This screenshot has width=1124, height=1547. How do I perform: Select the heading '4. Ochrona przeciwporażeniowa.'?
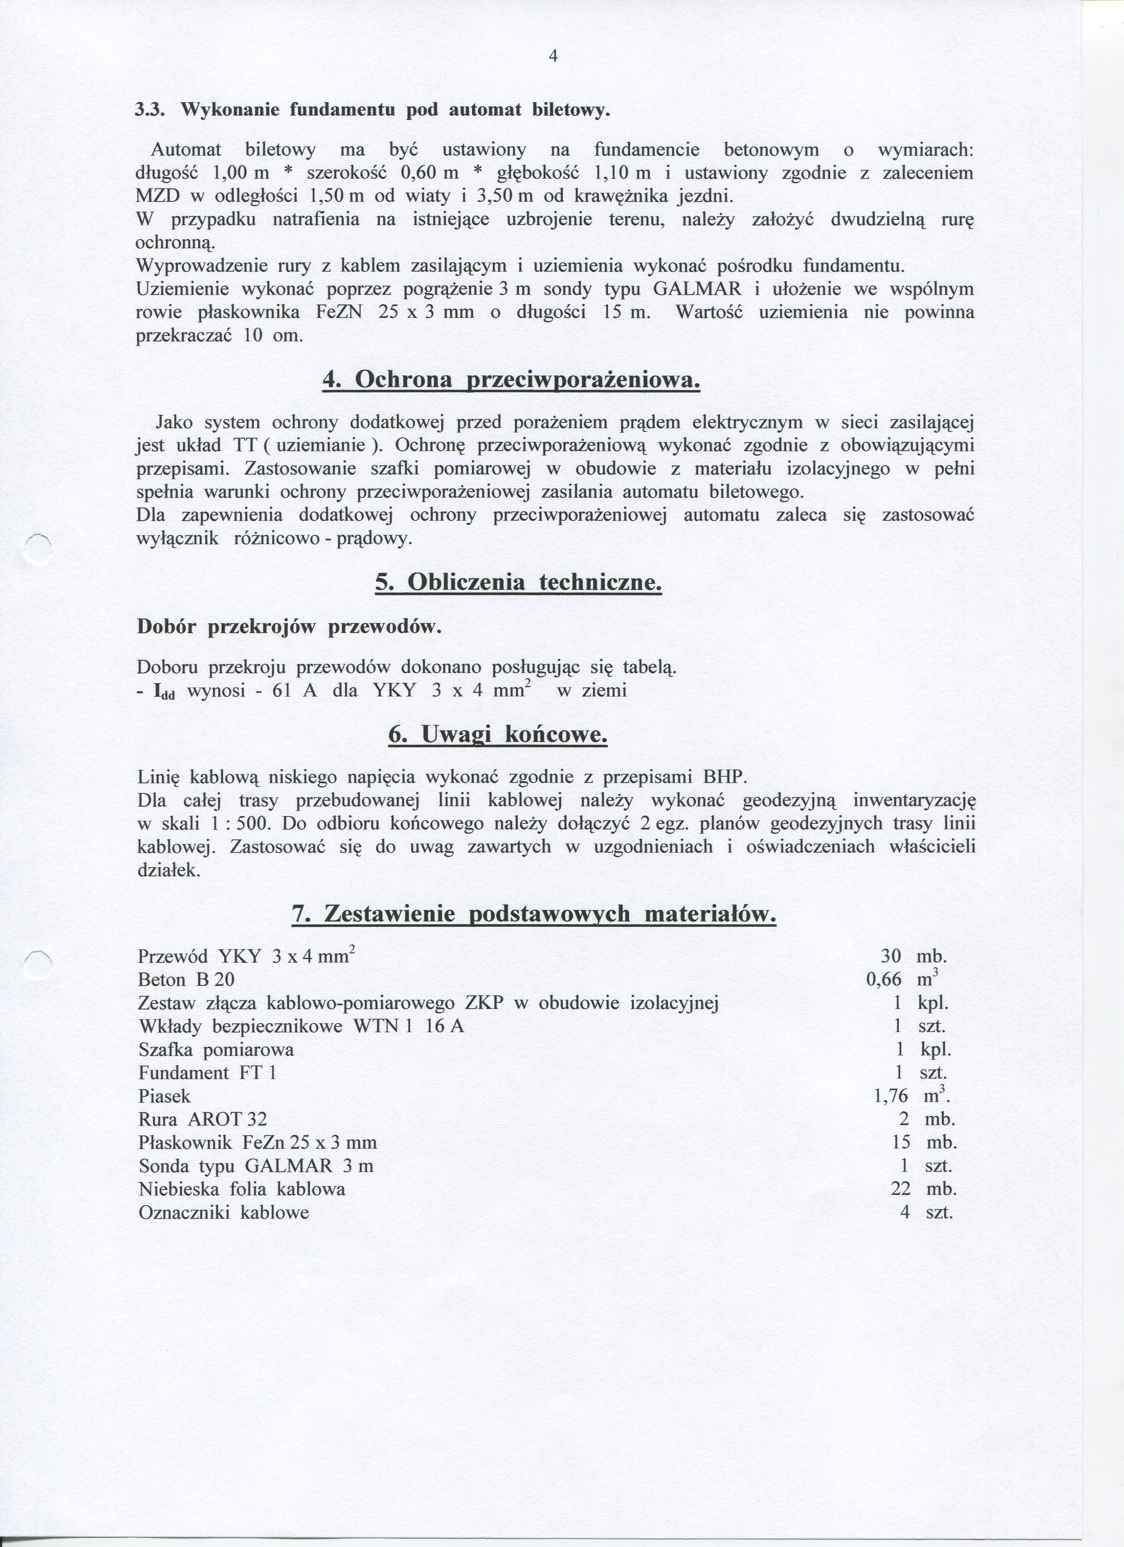(511, 380)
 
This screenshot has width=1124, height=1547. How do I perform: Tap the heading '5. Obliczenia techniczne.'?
(518, 582)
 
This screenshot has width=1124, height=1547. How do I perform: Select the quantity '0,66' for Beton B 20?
(883, 980)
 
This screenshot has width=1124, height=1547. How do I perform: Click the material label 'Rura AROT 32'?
(203, 1119)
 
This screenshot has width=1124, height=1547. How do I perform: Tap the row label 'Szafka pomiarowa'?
(216, 1050)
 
